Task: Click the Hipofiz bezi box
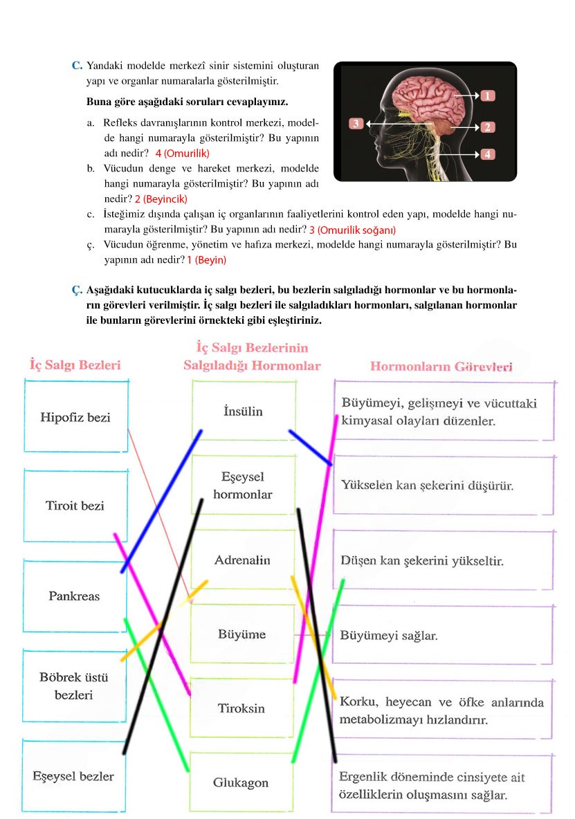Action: pos(75,418)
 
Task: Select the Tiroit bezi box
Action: pos(75,506)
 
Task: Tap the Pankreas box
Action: pos(74,596)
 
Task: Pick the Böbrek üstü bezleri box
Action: pos(74,685)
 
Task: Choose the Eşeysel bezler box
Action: pos(73,775)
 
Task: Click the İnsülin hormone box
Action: pos(243,412)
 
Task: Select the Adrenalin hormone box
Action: pos(242,560)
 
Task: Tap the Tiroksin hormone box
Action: pos(241,708)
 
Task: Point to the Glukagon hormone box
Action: pos(241,783)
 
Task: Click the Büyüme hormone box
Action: pos(242,634)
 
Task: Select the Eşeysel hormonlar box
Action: pos(242,486)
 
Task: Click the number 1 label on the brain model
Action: pos(487,95)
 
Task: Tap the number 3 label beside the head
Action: pos(356,123)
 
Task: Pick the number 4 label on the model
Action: pos(487,154)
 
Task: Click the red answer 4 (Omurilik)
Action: pos(182,153)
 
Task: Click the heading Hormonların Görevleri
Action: pos(441,367)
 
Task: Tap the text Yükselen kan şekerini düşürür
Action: pos(427,486)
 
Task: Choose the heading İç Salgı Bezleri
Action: pos(75,364)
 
